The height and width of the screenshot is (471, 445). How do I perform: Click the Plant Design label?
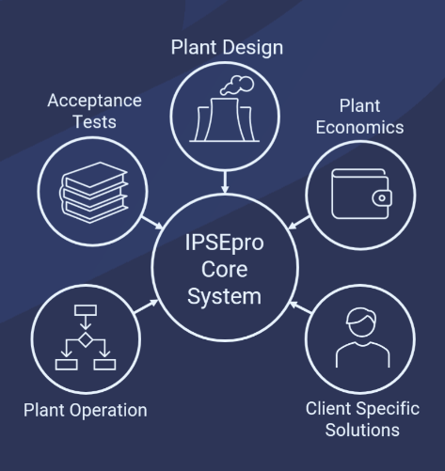(227, 48)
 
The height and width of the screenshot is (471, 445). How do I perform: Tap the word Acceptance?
(95, 101)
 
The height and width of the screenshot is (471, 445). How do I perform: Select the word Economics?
(359, 128)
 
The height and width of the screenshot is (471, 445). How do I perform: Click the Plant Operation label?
(86, 410)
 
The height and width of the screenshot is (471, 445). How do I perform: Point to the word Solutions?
(362, 430)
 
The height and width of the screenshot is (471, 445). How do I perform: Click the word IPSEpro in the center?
(224, 243)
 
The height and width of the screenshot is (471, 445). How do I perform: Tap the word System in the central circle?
(224, 296)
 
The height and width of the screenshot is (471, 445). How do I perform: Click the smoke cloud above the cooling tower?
(237, 85)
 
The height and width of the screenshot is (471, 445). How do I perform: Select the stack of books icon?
(94, 193)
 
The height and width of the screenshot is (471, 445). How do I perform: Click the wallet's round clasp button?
(382, 198)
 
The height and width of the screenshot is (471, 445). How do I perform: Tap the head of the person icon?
(361, 322)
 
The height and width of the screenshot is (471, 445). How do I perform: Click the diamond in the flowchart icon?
(86, 339)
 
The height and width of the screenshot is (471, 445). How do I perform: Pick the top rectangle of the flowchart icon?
(86, 310)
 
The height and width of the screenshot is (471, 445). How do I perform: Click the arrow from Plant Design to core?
(225, 181)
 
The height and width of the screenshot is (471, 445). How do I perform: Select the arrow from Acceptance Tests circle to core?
(152, 223)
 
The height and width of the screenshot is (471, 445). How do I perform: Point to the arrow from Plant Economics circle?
(299, 223)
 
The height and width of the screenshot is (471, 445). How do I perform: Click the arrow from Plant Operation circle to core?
(146, 306)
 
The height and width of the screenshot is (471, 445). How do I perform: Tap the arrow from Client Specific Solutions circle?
(300, 306)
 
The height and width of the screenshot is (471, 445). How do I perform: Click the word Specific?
(388, 410)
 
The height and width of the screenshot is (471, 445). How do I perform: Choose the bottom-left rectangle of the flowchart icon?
(67, 365)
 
